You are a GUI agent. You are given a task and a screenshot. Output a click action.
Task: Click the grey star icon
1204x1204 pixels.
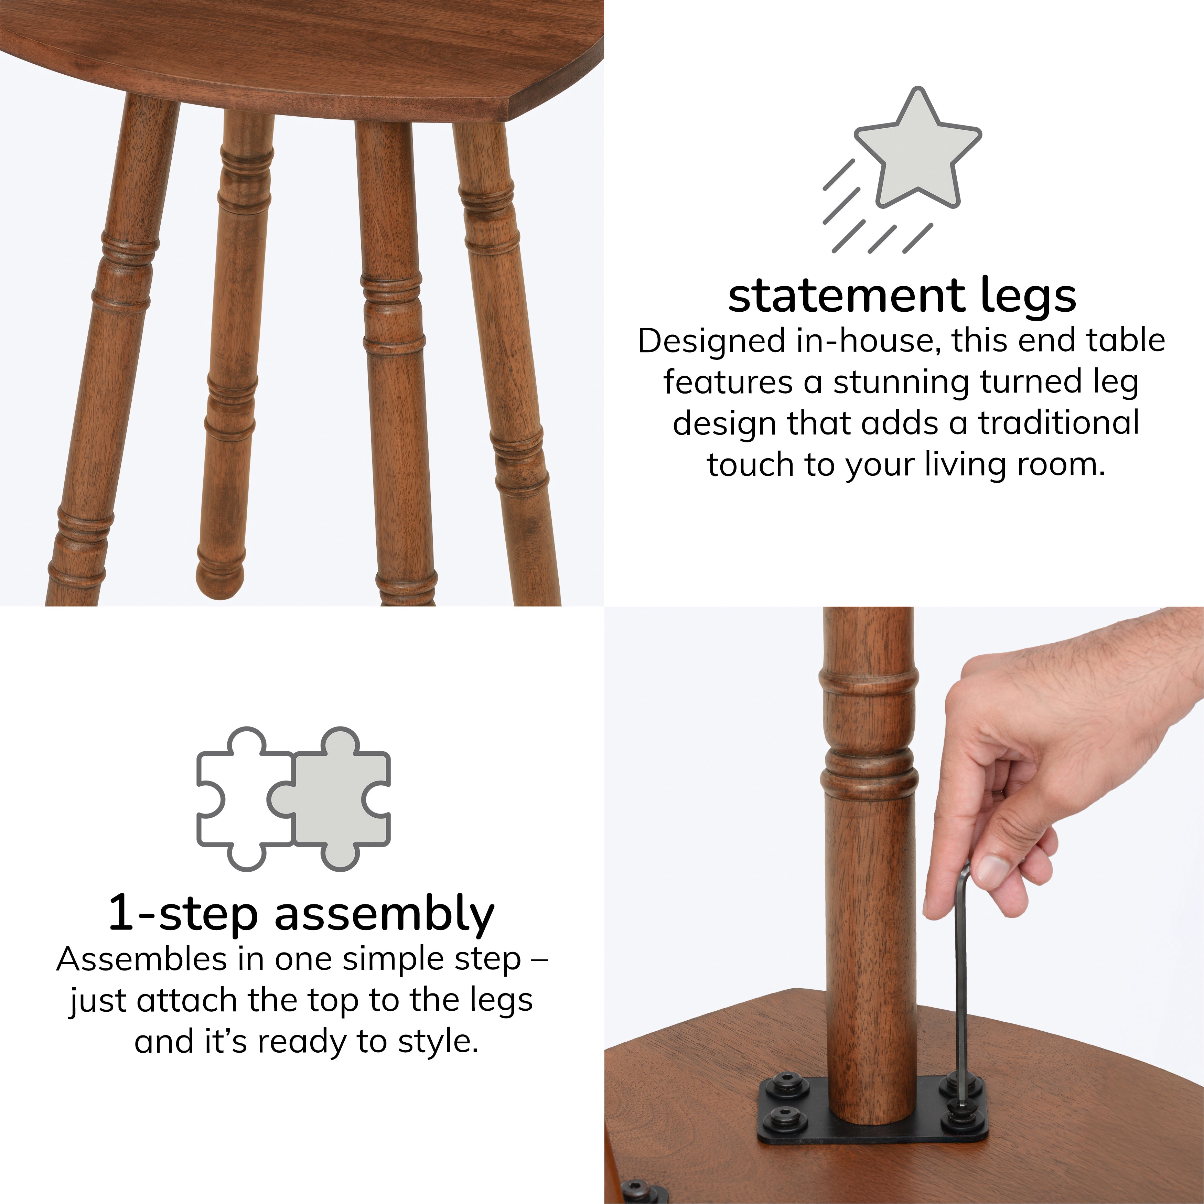coord(917,154)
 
